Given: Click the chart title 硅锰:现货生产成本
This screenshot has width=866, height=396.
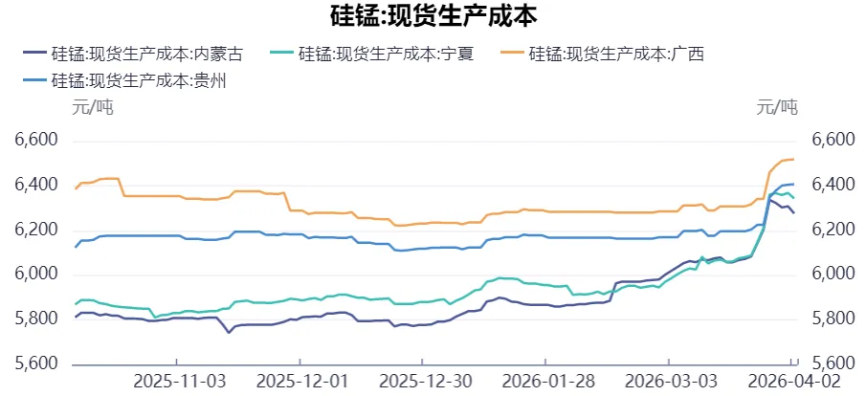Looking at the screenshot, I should pyautogui.click(x=433, y=16).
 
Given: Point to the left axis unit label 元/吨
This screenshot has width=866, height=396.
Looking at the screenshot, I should pyautogui.click(x=93, y=107).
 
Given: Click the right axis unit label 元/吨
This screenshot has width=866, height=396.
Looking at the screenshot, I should pyautogui.click(x=776, y=107).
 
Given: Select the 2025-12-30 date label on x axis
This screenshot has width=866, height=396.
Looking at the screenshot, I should pyautogui.click(x=425, y=381).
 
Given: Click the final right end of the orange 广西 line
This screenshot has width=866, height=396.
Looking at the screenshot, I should pyautogui.click(x=794, y=159).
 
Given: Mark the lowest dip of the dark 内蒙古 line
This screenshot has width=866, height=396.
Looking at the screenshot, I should pyautogui.click(x=228, y=332).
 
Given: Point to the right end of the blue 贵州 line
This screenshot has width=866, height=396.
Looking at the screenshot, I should pyautogui.click(x=794, y=184).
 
